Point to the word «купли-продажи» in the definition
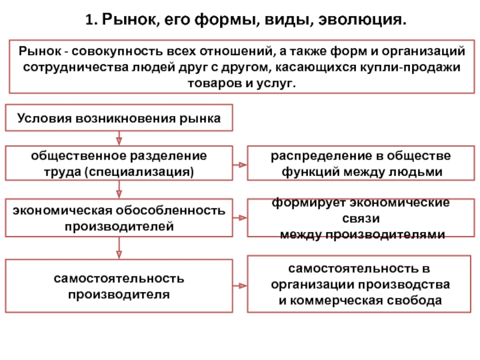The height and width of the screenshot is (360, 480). pyautogui.click(x=420, y=67)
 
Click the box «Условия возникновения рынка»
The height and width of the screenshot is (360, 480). pyautogui.click(x=119, y=118)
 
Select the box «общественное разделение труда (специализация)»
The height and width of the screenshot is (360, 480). pyautogui.click(x=119, y=163)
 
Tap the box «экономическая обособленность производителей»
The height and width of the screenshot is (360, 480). pyautogui.click(x=119, y=219)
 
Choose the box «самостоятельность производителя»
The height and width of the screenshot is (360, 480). pyautogui.click(x=119, y=286)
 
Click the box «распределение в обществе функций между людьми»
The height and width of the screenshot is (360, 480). pyautogui.click(x=360, y=163)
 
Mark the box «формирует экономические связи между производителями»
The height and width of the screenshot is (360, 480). pyautogui.click(x=360, y=219)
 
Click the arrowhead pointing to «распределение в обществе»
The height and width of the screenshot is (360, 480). pyautogui.click(x=242, y=164)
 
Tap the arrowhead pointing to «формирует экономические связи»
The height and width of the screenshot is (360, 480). pyautogui.click(x=242, y=219)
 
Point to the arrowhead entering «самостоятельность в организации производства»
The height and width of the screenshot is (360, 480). pyautogui.click(x=242, y=286)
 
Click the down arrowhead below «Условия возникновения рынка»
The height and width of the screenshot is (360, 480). pyautogui.click(x=119, y=141)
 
